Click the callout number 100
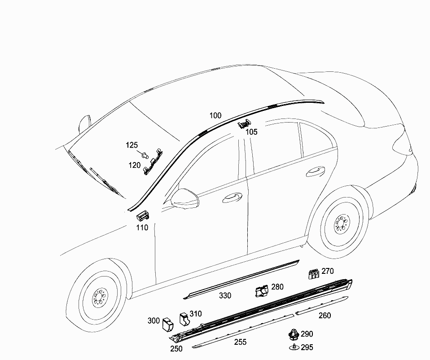tap(215, 115)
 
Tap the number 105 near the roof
tap(251, 132)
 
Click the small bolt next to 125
tap(145, 155)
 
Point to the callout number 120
tap(134, 165)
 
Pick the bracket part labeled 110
tap(143, 215)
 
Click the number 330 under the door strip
tap(225, 295)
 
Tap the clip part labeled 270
tap(314, 274)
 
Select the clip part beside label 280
tap(262, 291)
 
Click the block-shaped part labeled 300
tap(168, 325)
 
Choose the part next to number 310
tap(184, 320)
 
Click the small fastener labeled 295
tap(294, 347)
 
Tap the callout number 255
tap(240, 342)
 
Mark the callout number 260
tap(325, 316)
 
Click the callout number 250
tap(176, 348)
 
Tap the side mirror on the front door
tap(184, 198)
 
